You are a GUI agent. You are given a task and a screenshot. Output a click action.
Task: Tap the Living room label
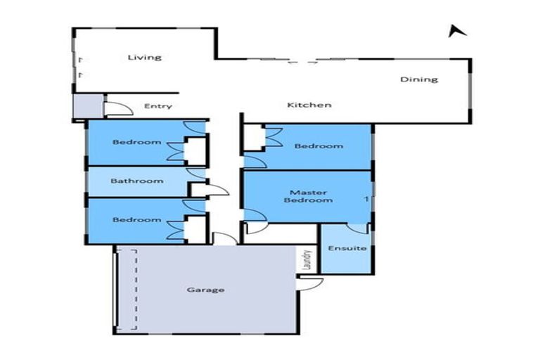pyautogui.click(x=144, y=57)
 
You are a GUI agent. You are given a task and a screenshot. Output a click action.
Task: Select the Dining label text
pyautogui.click(x=419, y=79)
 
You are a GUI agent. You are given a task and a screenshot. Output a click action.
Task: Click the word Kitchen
pyautogui.click(x=309, y=105)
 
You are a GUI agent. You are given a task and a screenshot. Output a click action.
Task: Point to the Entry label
pyautogui.click(x=157, y=106)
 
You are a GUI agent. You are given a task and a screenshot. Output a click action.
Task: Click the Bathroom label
pyautogui.click(x=137, y=181)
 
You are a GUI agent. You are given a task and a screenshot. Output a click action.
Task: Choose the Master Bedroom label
pyautogui.click(x=308, y=196)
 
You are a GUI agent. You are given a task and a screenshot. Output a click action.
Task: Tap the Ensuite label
pyautogui.click(x=347, y=248)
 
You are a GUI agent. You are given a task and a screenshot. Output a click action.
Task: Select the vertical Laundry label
pyautogui.click(x=307, y=260)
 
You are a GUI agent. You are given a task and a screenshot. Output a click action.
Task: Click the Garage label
pyautogui.click(x=206, y=289)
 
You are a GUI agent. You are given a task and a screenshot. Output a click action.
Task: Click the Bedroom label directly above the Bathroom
pyautogui.click(x=137, y=142)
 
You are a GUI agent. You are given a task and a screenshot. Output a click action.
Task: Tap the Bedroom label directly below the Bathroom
pyautogui.click(x=137, y=219)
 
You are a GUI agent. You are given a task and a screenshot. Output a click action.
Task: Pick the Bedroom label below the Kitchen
pyautogui.click(x=319, y=146)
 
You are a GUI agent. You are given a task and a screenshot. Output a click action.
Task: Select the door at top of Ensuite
pyautogui.click(x=358, y=228)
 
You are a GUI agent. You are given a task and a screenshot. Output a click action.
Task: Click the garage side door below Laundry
pyautogui.click(x=310, y=283)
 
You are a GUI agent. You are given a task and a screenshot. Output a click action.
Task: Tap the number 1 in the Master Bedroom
pyautogui.click(x=366, y=199)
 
